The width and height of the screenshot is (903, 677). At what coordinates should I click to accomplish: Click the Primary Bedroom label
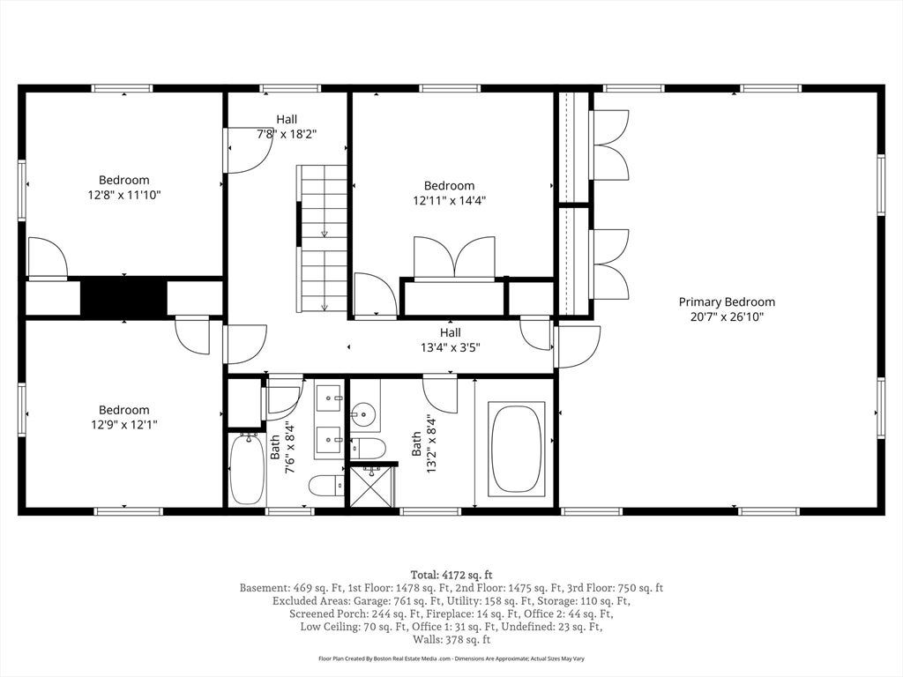(x=727, y=301)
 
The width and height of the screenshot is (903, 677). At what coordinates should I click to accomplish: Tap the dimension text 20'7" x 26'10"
(x=727, y=316)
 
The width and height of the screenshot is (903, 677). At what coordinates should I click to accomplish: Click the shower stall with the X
(x=372, y=486)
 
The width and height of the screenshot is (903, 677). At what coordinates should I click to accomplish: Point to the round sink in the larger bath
(x=363, y=413)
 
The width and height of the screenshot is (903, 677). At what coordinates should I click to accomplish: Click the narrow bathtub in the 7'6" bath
(x=248, y=469)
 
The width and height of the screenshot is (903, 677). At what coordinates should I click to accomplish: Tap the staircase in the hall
(x=323, y=238)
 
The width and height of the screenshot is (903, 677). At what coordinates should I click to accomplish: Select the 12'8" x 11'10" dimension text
(x=123, y=195)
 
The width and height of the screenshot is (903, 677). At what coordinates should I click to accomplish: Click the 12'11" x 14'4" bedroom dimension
(x=449, y=200)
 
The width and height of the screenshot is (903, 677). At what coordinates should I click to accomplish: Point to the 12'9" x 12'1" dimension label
(x=123, y=425)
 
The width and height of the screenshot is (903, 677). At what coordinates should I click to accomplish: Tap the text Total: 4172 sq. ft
(x=451, y=575)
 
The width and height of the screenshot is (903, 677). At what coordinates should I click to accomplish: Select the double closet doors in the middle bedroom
(x=454, y=257)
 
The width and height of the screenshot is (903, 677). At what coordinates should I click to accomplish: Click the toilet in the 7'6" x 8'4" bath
(x=326, y=487)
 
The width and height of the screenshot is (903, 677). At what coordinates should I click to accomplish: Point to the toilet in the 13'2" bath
(x=368, y=448)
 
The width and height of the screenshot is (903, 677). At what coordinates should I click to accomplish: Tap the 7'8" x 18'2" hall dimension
(x=287, y=134)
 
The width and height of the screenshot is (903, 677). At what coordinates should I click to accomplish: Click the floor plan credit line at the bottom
(x=451, y=658)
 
